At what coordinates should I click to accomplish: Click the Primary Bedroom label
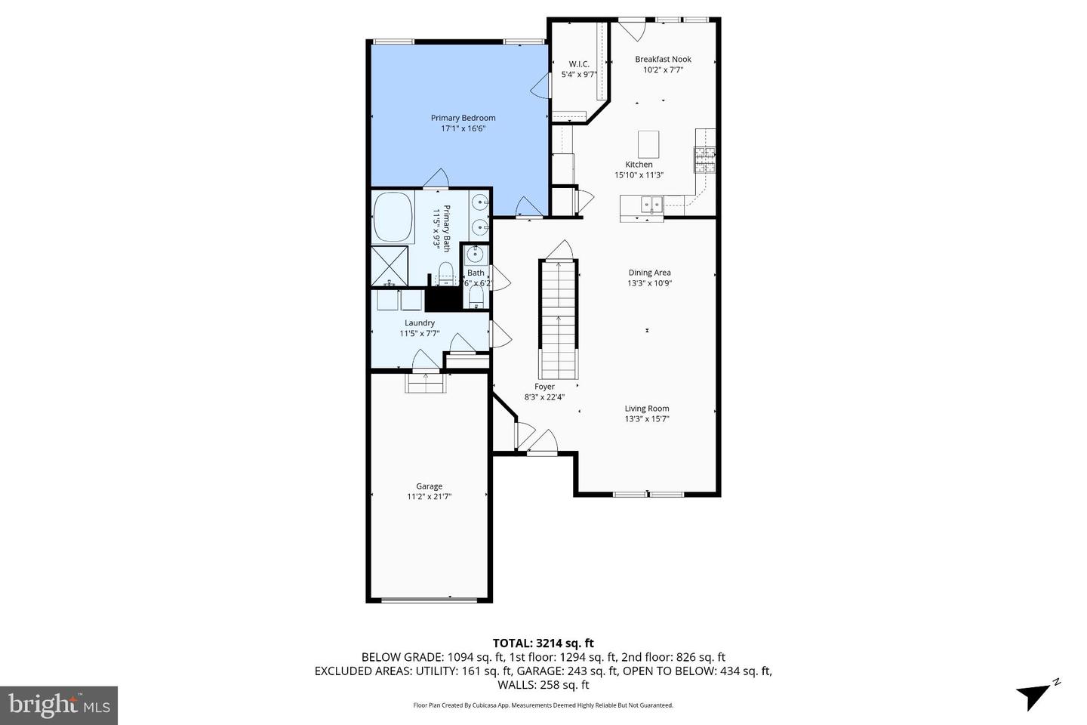[463, 118]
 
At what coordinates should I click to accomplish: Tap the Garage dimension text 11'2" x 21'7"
[429, 497]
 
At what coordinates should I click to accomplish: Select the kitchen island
[648, 143]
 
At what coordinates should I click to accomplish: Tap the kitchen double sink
[651, 204]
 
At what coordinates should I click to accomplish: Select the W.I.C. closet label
[579, 64]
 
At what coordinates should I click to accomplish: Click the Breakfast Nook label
[663, 59]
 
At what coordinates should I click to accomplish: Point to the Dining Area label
[649, 273]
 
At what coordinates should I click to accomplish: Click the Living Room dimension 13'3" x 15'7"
[647, 419]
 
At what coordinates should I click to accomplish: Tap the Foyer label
[544, 387]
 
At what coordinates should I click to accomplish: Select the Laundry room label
[420, 322]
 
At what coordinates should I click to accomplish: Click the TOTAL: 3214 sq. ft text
[543, 643]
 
